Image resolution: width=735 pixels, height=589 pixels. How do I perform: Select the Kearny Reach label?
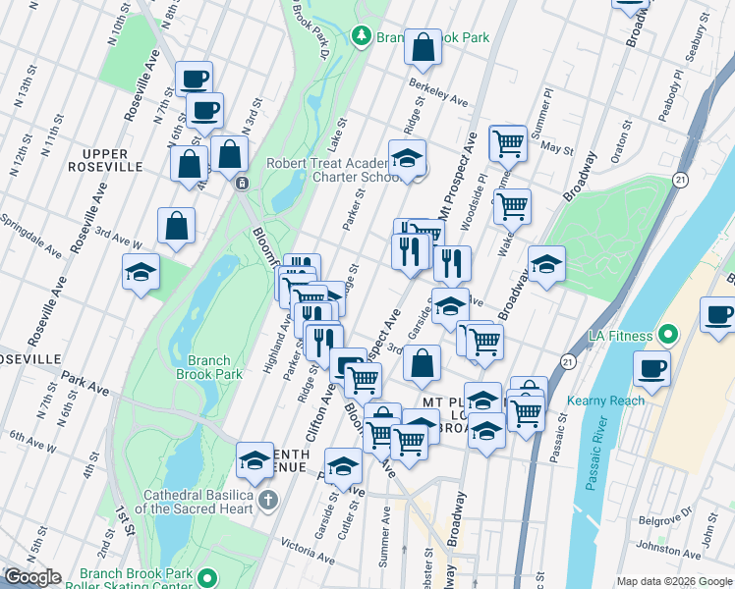605,401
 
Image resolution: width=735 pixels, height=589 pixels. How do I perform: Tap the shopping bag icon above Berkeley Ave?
422,46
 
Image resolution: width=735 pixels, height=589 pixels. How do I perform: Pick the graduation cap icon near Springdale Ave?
141,272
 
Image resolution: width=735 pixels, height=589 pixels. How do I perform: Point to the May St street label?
556,149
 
